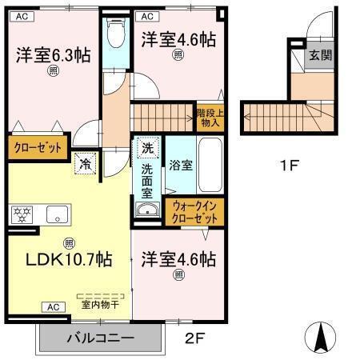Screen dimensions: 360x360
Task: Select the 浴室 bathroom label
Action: (180, 166)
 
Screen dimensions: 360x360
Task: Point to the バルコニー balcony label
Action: (101, 338)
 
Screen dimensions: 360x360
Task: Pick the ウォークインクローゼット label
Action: (193, 211)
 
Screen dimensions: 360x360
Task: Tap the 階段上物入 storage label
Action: (210, 118)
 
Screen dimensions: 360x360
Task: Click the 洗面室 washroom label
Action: (149, 177)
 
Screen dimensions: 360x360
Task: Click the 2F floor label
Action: (197, 338)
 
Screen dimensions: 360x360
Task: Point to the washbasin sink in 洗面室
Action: (147, 210)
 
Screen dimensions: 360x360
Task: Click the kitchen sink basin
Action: (58, 214)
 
